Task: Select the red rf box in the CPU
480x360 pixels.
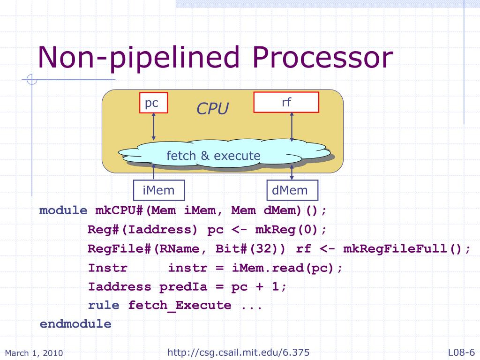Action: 286,103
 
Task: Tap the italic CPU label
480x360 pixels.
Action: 212,109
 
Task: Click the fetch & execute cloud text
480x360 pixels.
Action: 213,155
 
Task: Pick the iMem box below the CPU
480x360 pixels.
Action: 158,190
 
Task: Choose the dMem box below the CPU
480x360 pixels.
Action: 290,190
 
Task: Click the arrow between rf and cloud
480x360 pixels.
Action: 292,127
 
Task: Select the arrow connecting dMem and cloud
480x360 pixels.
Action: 292,172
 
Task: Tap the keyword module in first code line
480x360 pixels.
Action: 63,210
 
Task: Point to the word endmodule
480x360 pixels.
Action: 75,324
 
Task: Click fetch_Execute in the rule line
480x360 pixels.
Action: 180,306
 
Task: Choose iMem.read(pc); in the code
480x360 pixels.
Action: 287,268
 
